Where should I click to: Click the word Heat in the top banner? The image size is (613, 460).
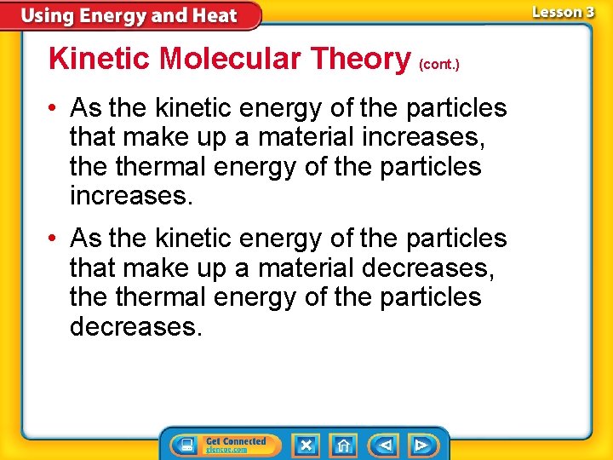(215, 15)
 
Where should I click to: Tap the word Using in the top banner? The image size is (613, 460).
(48, 15)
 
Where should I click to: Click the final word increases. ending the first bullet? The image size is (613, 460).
(132, 196)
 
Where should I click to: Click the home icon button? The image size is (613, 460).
(343, 446)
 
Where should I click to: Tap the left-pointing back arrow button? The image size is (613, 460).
(384, 446)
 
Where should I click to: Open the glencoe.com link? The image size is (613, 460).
(226, 450)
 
